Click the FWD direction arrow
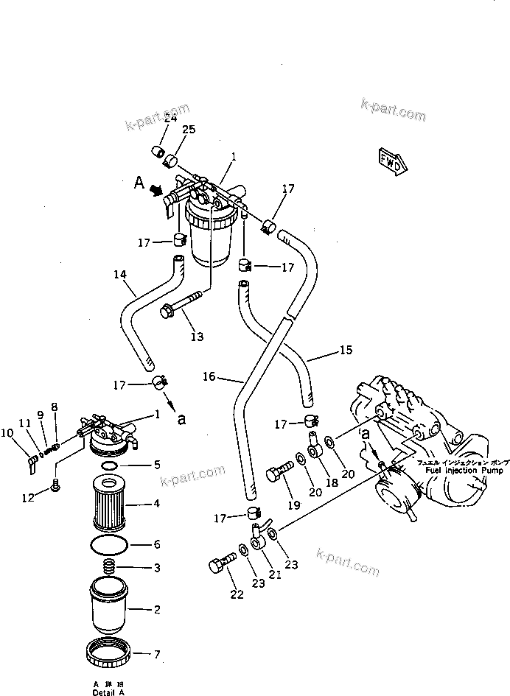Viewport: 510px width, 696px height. [391, 159]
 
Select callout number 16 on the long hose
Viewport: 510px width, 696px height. [209, 376]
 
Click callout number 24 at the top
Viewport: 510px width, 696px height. [170, 118]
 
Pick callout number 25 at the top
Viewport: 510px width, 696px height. [189, 130]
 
